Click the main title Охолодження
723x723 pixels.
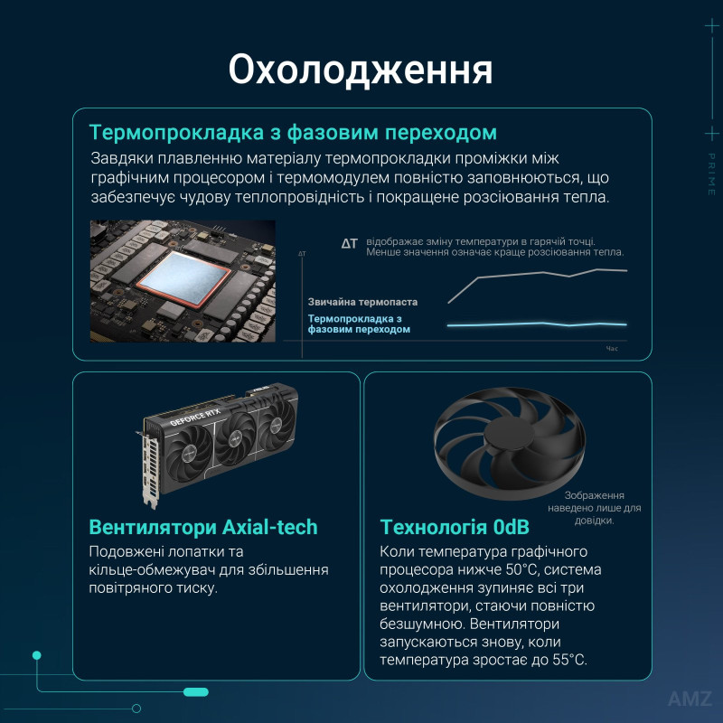(361, 70)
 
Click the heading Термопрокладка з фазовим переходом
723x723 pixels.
(293, 133)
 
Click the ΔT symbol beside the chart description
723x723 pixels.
(350, 244)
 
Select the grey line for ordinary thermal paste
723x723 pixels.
(542, 274)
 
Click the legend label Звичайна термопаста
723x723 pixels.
(361, 301)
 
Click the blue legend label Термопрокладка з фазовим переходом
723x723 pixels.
(360, 324)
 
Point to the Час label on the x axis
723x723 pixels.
(612, 347)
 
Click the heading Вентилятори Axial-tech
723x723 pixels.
(203, 527)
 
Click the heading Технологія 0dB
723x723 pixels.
(455, 527)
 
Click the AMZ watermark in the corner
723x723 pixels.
(690, 699)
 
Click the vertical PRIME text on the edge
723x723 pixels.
(711, 174)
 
